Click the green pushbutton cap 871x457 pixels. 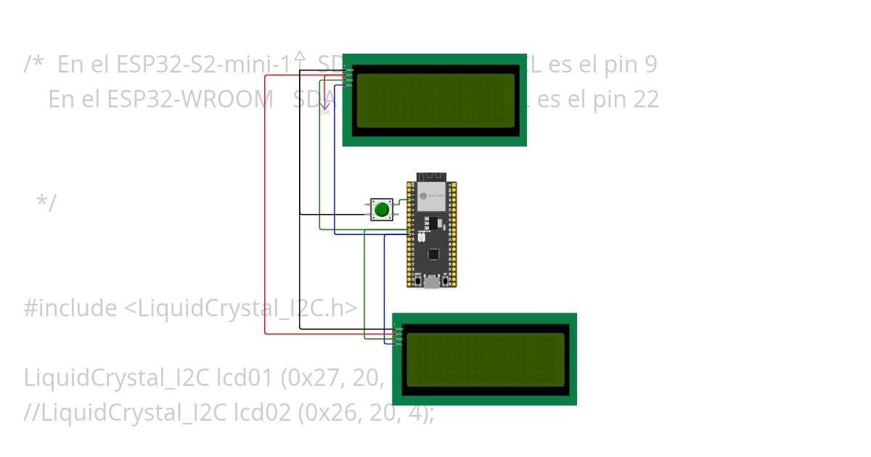click(382, 210)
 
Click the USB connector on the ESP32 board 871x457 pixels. click(432, 282)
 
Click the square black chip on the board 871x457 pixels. click(433, 254)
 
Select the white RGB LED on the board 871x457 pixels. click(422, 237)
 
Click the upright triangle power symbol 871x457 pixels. click(300, 55)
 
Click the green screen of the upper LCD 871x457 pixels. click(435, 100)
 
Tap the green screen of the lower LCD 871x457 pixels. click(485, 360)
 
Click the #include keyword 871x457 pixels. click(70, 308)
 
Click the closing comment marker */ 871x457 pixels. click(46, 203)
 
